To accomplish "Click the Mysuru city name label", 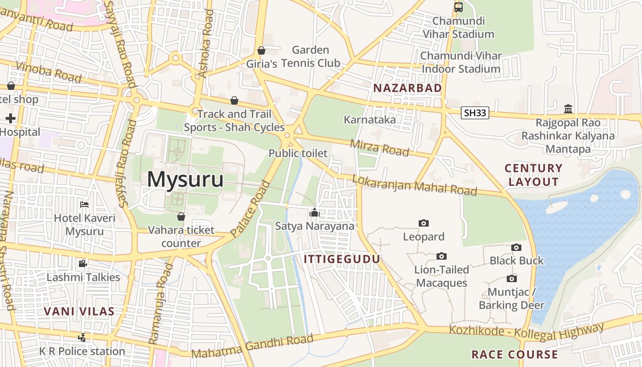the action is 185,179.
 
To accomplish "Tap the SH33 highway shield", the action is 475,113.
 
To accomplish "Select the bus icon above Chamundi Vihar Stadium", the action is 458,7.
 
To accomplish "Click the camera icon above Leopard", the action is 424,223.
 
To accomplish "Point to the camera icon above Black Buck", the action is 516,248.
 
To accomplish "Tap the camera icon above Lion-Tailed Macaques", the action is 442,256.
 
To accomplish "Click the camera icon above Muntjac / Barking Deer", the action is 512,278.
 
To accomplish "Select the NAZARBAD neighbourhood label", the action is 408,88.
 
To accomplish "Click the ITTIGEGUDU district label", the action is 342,259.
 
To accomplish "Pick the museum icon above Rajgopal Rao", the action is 568,109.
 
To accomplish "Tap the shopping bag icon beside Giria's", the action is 261,50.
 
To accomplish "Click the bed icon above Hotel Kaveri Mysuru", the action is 84,205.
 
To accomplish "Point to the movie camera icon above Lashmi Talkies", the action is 83,263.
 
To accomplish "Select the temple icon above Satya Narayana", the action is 315,212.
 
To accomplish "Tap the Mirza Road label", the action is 379,148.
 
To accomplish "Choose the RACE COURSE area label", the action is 515,355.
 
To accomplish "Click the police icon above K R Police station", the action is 82,337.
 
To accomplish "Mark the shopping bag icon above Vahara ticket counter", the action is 181,216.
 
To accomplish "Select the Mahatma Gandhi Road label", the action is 252,346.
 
